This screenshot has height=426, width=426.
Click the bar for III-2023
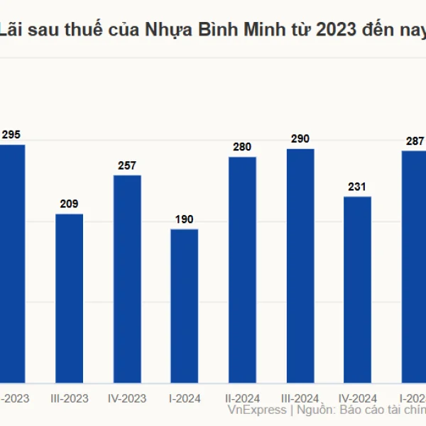coord(70,298)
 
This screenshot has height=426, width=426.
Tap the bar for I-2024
coord(185,306)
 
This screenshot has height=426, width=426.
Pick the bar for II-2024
coord(242,271)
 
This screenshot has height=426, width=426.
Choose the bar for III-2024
coord(300,266)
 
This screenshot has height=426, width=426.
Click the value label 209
coord(70,204)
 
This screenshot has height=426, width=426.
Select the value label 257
coord(127,165)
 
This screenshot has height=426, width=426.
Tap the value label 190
coord(185,219)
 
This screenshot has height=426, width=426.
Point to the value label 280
coord(242,147)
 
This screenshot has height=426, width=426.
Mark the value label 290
coord(300,139)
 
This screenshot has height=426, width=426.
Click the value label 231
coord(357,187)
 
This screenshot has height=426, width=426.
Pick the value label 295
coord(11,135)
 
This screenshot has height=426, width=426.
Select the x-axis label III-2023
coord(70,398)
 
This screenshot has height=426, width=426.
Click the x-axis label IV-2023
coord(127,398)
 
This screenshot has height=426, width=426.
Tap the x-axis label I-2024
coord(185,398)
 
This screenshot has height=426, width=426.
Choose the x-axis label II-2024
coord(242,398)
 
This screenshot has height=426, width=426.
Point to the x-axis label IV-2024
coord(357,398)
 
